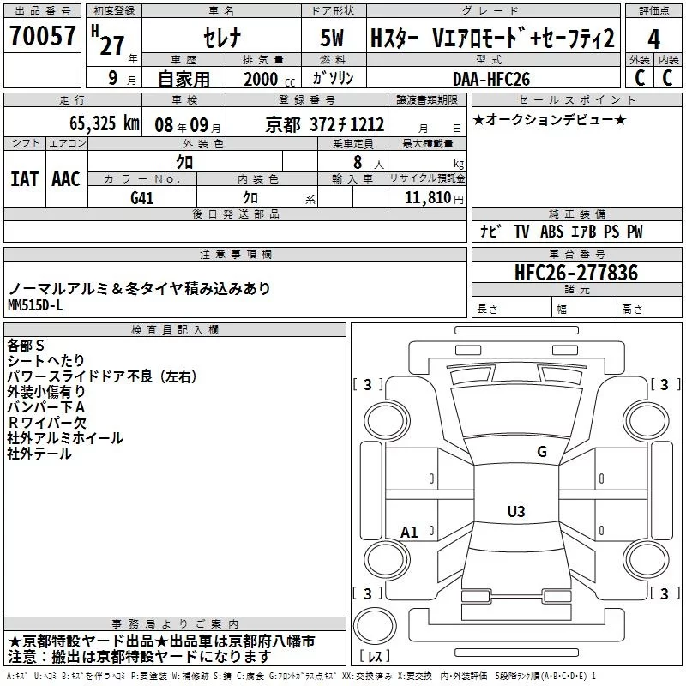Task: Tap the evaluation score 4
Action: click(654, 39)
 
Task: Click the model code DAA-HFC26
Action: click(491, 79)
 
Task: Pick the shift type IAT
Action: click(24, 179)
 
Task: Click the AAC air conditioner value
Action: click(66, 179)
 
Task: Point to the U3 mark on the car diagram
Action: click(515, 512)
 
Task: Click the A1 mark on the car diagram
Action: click(409, 533)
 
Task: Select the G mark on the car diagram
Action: click(541, 452)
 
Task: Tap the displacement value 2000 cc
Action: click(257, 79)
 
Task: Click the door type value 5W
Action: click(334, 39)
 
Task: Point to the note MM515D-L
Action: click(35, 304)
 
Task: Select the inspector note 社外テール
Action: click(39, 454)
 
